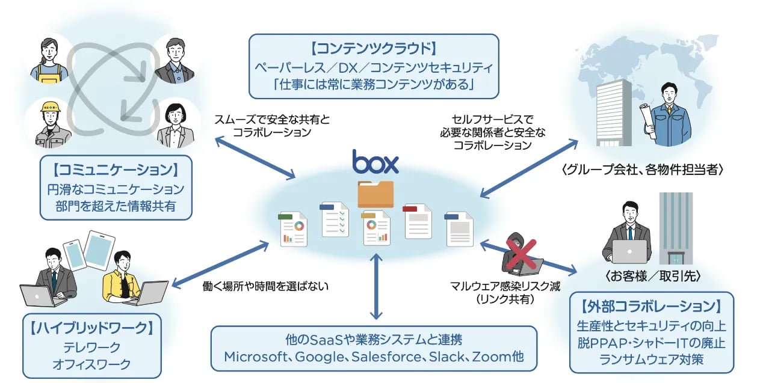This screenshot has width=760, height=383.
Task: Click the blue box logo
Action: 375,162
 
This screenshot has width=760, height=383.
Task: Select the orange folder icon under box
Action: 375,194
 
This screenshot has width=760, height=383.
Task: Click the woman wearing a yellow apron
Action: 51,60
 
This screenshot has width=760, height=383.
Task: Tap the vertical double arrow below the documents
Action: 376,286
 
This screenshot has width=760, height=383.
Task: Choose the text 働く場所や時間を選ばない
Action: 266,286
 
